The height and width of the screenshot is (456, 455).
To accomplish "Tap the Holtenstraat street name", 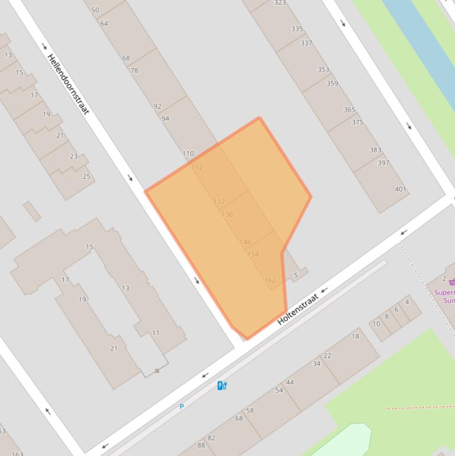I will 298,309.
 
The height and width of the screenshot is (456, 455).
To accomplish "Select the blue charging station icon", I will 222,386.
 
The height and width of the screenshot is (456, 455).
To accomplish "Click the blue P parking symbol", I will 182,407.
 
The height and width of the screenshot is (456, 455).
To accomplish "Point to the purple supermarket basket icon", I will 452,282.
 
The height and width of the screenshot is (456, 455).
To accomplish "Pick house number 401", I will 401,190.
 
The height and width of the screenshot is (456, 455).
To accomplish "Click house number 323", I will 280,3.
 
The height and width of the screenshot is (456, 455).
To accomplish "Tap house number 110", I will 188,153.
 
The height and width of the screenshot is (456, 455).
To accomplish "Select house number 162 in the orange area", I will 270,281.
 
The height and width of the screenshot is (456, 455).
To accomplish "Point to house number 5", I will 296,275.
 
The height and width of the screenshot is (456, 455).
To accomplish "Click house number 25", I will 86,176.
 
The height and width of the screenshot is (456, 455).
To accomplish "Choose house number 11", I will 156,333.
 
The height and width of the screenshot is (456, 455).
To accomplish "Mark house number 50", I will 95,10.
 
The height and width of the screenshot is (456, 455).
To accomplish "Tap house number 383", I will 376,150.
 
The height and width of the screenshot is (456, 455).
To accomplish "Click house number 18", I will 355,336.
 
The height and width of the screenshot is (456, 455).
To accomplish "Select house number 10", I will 376,324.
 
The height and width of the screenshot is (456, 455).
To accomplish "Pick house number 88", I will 201,445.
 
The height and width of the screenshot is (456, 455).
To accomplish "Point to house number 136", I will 227,215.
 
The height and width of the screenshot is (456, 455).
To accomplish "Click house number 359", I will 333,84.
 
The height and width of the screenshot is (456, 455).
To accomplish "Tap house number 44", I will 290,383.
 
